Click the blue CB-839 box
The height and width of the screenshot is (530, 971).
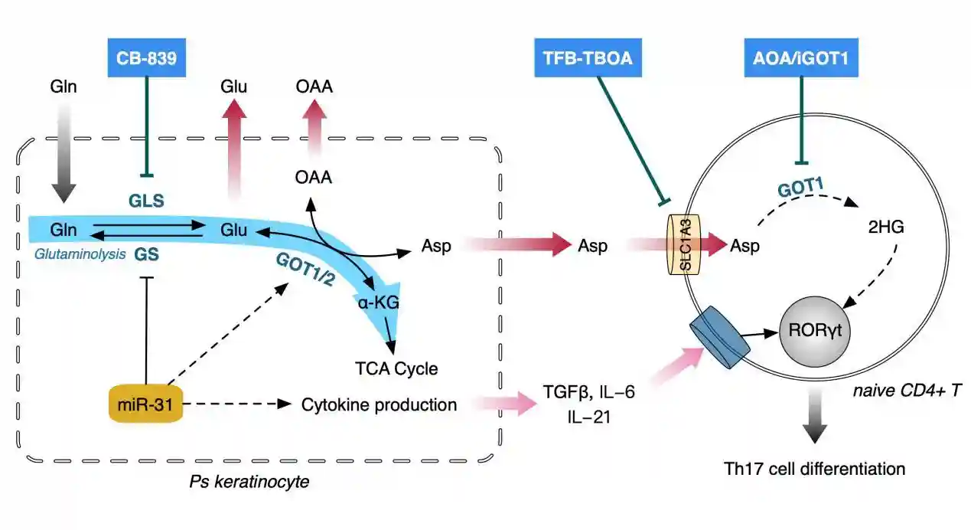(x=146, y=58)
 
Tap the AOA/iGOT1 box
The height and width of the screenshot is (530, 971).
(x=801, y=58)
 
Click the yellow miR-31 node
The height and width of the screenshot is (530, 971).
(x=146, y=404)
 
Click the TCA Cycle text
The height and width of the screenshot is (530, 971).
(x=396, y=368)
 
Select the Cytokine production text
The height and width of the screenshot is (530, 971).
(x=379, y=404)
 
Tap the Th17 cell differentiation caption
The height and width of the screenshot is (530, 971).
(x=814, y=468)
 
